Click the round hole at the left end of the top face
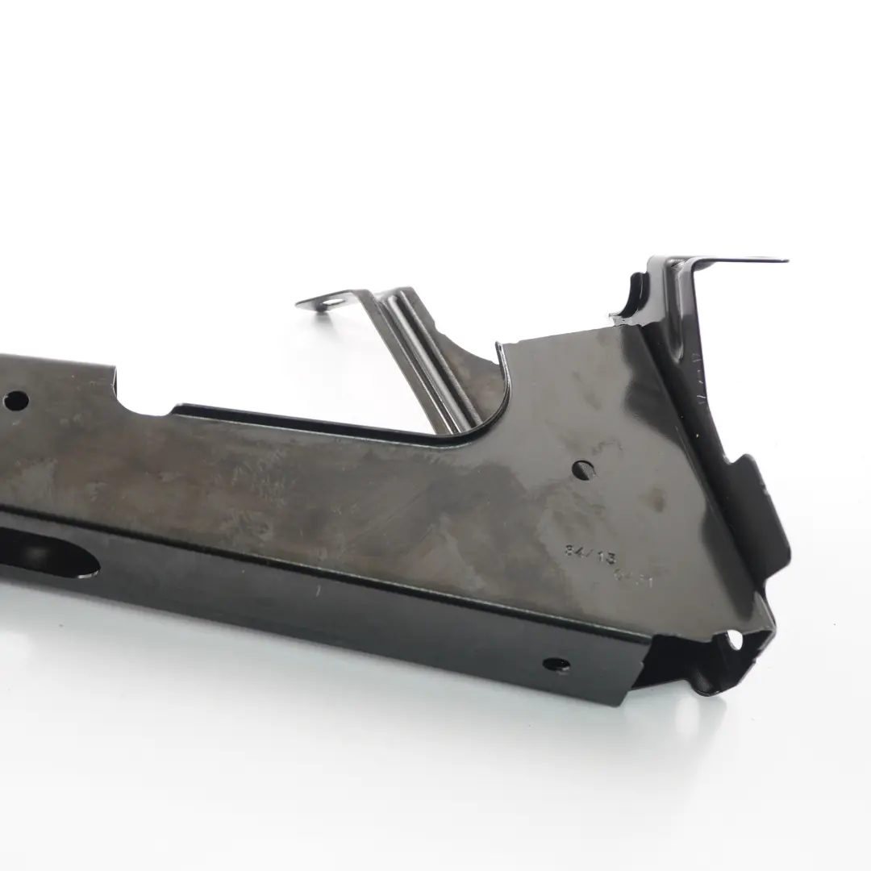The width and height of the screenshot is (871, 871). tap(15, 400)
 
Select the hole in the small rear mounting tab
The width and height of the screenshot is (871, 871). tap(330, 303)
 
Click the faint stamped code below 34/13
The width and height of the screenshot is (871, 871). tap(634, 577)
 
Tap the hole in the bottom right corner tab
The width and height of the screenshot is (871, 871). tap(734, 641)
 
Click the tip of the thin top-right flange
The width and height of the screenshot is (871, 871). tap(784, 260)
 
